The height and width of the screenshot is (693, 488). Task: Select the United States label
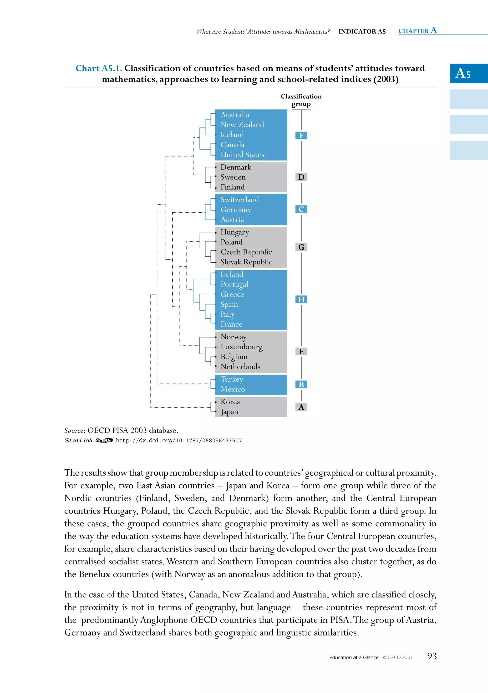point(242,155)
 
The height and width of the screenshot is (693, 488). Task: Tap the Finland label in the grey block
point(232,187)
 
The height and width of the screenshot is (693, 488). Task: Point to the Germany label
point(236,210)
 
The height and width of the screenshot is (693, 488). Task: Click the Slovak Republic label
point(246,262)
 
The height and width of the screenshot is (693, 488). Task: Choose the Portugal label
point(234,284)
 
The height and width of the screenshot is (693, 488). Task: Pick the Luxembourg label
point(241,347)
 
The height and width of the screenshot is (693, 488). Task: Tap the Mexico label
point(233,389)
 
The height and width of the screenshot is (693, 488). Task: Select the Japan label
point(229,412)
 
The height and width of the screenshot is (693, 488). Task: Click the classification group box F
point(301,136)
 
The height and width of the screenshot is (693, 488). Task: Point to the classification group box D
point(301,177)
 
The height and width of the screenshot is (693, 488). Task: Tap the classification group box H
point(301,299)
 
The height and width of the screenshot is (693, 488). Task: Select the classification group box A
point(301,407)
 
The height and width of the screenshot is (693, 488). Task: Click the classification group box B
point(301,385)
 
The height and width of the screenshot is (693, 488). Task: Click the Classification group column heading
point(301,100)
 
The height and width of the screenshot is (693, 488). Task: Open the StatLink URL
point(178,440)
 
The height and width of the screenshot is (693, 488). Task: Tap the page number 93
point(432,656)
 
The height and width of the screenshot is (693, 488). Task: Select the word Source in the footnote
point(74,430)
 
